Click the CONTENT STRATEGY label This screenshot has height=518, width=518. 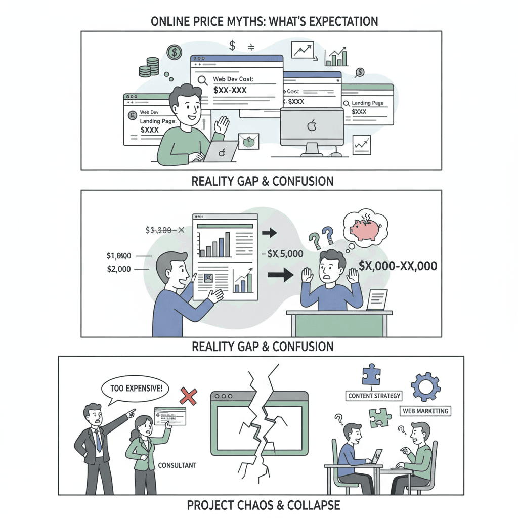[x=374, y=396]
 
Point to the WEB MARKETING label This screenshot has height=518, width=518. [x=425, y=411]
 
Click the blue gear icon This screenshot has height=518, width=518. [x=426, y=387]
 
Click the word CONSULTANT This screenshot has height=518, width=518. [x=177, y=465]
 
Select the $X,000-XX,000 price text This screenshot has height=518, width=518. [x=397, y=266]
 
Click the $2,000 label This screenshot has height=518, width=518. [x=119, y=269]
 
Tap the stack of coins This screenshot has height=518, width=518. [x=152, y=67]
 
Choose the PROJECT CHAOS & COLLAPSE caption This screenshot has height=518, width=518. [x=263, y=505]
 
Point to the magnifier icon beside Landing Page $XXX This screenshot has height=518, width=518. [x=347, y=103]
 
